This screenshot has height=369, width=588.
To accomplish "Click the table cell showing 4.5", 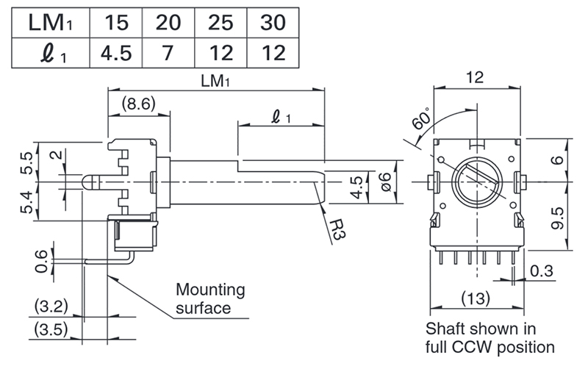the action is coord(116,53).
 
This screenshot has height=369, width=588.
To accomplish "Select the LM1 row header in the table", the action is coord(51,23).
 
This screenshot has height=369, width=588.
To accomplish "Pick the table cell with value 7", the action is coord(168,53).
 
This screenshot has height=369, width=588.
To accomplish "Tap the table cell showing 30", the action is coord(273,23).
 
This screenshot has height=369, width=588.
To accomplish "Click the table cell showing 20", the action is coord(168,23).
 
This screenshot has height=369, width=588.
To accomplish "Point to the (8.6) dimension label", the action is coord(138,104).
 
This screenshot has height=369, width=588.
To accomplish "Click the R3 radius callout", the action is coord(337,229).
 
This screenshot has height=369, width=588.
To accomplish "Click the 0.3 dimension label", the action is coord(542,271).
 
